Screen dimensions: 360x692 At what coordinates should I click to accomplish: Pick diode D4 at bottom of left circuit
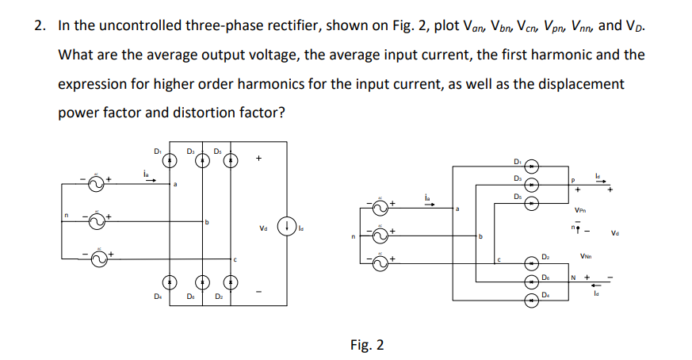coord(169,281)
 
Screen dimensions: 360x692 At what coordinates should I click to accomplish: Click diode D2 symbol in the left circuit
coord(231,281)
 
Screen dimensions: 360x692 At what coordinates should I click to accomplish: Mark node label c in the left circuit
coord(235,259)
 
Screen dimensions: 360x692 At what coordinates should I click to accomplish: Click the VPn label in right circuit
coord(583,211)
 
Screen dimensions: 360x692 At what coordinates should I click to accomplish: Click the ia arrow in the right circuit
coord(429,201)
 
